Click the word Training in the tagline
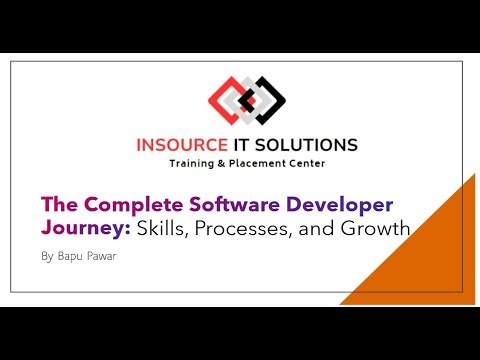(x=195, y=162)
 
